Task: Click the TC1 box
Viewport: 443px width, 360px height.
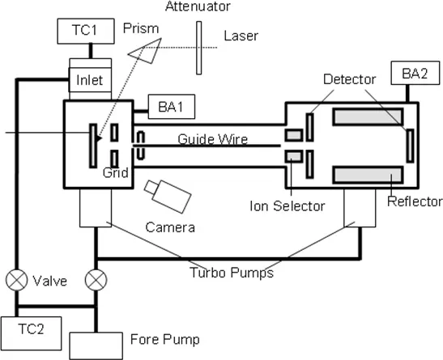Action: click(x=86, y=31)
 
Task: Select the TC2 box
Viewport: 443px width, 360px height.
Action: click(x=31, y=333)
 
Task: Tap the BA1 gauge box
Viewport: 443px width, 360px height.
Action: click(x=172, y=106)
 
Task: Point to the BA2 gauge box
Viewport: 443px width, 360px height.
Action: click(x=415, y=73)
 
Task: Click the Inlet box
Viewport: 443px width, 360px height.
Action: click(x=91, y=79)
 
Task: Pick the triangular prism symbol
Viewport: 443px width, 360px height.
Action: click(x=146, y=50)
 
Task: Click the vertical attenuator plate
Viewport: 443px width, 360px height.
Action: click(x=199, y=48)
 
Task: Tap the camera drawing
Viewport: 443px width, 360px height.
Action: click(x=168, y=196)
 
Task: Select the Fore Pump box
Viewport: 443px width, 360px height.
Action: click(x=96, y=346)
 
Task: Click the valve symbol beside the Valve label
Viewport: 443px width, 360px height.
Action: click(x=17, y=280)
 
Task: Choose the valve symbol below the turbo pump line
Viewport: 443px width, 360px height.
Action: click(x=96, y=280)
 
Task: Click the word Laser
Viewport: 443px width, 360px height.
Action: click(x=241, y=36)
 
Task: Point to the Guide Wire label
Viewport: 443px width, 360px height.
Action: click(x=213, y=139)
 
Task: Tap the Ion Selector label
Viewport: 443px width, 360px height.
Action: click(x=288, y=206)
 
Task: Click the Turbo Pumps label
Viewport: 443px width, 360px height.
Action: click(x=232, y=273)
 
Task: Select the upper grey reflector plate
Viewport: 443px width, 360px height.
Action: click(x=368, y=116)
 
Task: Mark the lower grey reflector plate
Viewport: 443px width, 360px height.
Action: click(x=368, y=176)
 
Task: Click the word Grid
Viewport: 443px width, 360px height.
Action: click(x=116, y=172)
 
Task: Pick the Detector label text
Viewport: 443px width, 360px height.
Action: click(x=350, y=79)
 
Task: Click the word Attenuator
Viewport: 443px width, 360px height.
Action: click(x=198, y=6)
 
